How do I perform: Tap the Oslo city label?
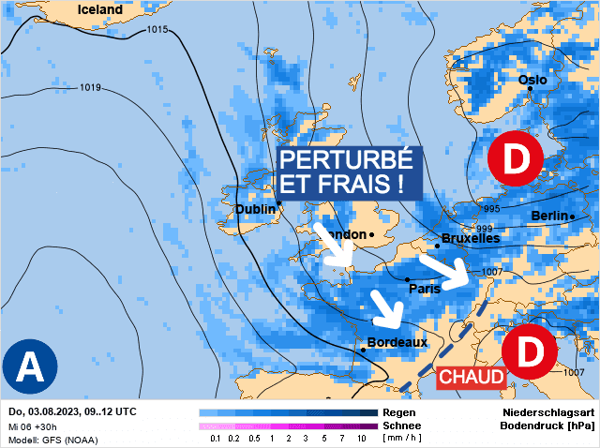click(532, 81)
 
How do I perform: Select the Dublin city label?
click(255, 209)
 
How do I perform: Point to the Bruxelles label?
click(470, 238)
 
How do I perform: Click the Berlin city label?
click(549, 217)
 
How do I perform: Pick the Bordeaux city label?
click(397, 342)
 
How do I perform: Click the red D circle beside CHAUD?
click(530, 353)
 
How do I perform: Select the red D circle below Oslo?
click(515, 160)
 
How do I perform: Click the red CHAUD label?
click(472, 377)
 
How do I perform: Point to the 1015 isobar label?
click(157, 30)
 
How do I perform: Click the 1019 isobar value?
click(90, 88)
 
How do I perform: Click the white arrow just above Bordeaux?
click(385, 306)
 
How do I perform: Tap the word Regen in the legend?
click(401, 412)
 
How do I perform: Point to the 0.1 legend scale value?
click(216, 438)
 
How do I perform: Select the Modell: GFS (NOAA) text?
click(52, 439)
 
